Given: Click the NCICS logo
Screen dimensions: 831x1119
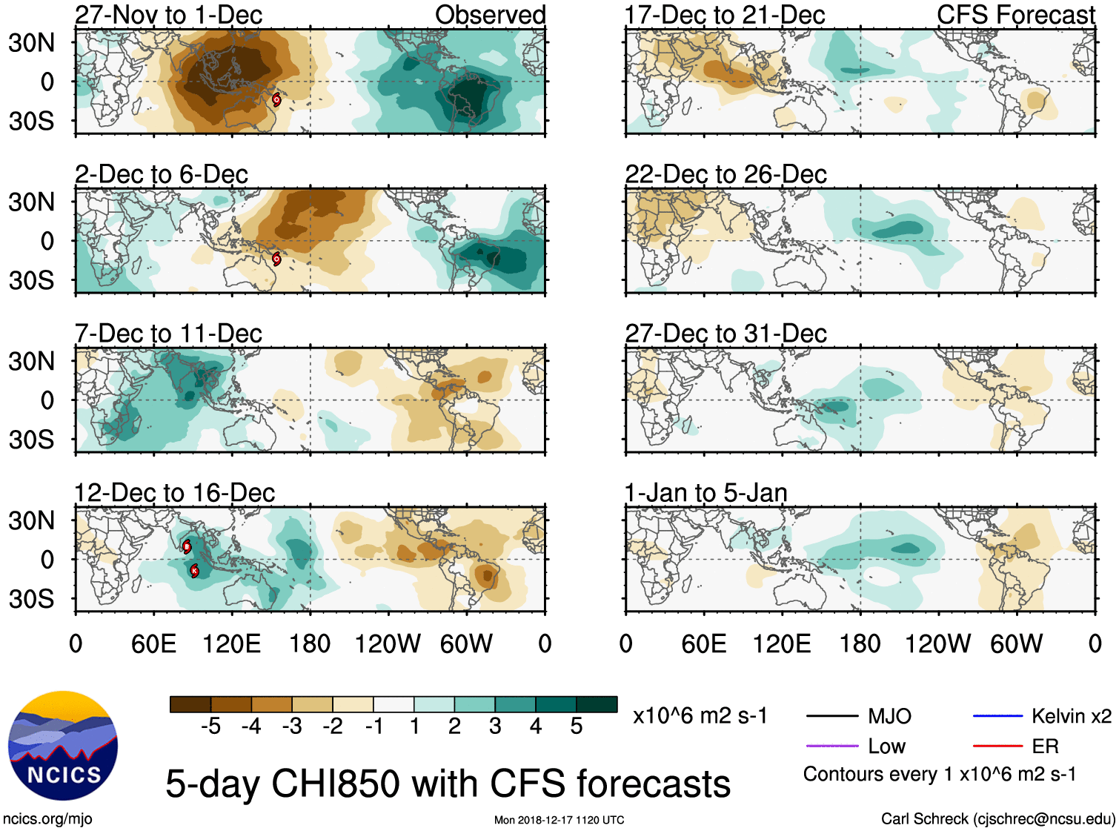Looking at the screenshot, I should [x=63, y=746].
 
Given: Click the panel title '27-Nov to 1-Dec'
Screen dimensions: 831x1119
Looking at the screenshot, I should [x=169, y=15].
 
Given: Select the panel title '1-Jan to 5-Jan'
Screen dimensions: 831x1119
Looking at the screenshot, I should [x=705, y=493].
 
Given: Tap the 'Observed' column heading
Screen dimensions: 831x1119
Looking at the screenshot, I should [x=490, y=15].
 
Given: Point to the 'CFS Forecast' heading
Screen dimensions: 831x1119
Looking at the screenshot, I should [x=1015, y=15].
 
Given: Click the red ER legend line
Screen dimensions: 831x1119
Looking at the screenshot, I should [x=997, y=746].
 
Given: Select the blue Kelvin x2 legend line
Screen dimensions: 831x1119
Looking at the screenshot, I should [x=997, y=716].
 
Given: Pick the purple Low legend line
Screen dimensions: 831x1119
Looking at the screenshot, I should [x=832, y=746].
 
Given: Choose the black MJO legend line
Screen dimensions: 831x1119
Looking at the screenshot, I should [x=832, y=716].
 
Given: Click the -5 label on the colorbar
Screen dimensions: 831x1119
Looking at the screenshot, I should [x=210, y=726].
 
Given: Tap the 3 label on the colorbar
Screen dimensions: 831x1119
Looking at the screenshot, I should [x=495, y=726].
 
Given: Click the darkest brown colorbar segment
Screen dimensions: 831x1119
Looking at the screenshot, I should [x=190, y=704].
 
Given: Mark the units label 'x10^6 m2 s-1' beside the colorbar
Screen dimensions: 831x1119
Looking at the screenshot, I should [x=700, y=716].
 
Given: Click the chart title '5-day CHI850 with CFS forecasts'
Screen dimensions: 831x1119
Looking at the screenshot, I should [x=448, y=784].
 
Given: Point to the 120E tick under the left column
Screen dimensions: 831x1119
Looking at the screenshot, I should [x=231, y=643].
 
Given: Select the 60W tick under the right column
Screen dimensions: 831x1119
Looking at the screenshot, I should [x=1016, y=643].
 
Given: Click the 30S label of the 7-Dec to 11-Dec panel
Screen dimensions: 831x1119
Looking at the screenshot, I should [x=32, y=440].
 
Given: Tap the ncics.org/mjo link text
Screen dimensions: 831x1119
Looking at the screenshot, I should [x=47, y=819].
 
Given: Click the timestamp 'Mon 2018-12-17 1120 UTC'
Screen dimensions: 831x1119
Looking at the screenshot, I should [x=559, y=820].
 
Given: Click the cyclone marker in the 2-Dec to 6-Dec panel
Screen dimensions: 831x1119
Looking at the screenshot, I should [x=276, y=259].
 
